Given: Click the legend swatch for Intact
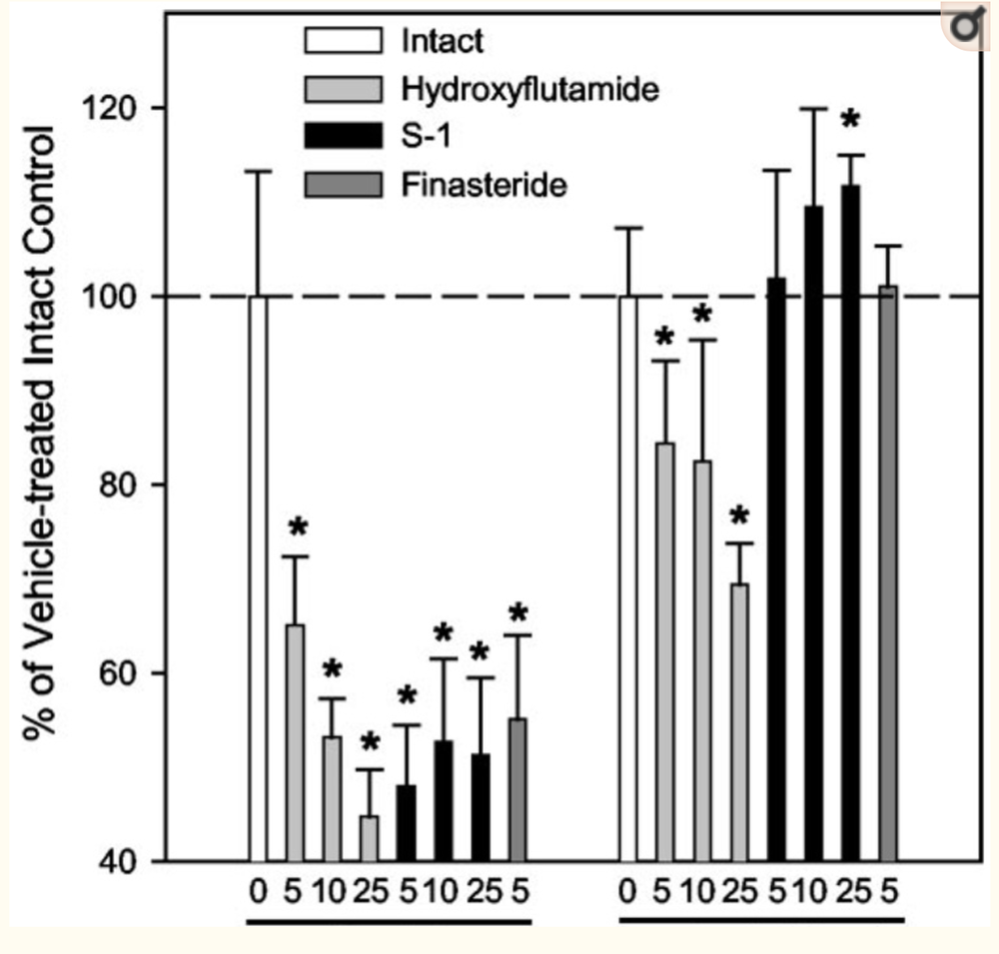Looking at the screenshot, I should click(x=343, y=42).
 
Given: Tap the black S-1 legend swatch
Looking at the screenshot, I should click(x=343, y=138).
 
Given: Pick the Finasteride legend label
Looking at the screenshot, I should click(x=484, y=185).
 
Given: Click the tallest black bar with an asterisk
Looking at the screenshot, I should click(x=850, y=519).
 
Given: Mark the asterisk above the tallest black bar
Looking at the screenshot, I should click(x=850, y=122).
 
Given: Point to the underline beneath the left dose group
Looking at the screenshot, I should click(x=389, y=921).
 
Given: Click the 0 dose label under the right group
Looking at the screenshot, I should click(x=627, y=892).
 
